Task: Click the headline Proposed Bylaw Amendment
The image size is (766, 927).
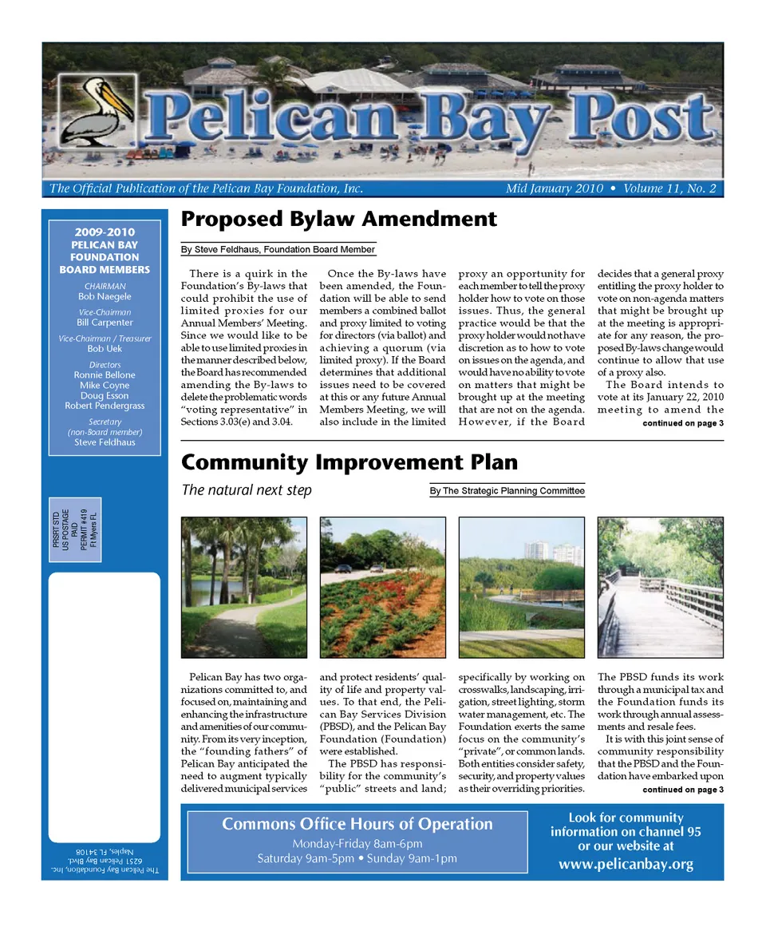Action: click(338, 219)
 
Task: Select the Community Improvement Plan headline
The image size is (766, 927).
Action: click(349, 462)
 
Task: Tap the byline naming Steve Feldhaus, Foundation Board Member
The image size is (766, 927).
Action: click(278, 250)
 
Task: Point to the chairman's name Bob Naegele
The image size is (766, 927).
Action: click(104, 296)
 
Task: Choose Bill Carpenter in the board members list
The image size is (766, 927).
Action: click(104, 323)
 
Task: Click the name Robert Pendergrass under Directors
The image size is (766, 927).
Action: click(104, 406)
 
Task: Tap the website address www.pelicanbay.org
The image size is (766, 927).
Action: click(626, 864)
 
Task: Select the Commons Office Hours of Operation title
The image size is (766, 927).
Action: click(357, 824)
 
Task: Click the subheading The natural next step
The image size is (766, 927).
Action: click(247, 490)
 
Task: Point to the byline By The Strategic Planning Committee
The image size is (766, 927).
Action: click(507, 491)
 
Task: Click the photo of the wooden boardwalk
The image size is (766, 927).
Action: click(660, 587)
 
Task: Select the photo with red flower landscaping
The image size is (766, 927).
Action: click(382, 587)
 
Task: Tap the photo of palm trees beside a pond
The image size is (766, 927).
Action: click(243, 587)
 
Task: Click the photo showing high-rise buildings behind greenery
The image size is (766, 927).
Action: click(521, 587)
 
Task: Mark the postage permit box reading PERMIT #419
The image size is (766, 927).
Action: click(74, 529)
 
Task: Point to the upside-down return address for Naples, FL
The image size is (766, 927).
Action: click(104, 862)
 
